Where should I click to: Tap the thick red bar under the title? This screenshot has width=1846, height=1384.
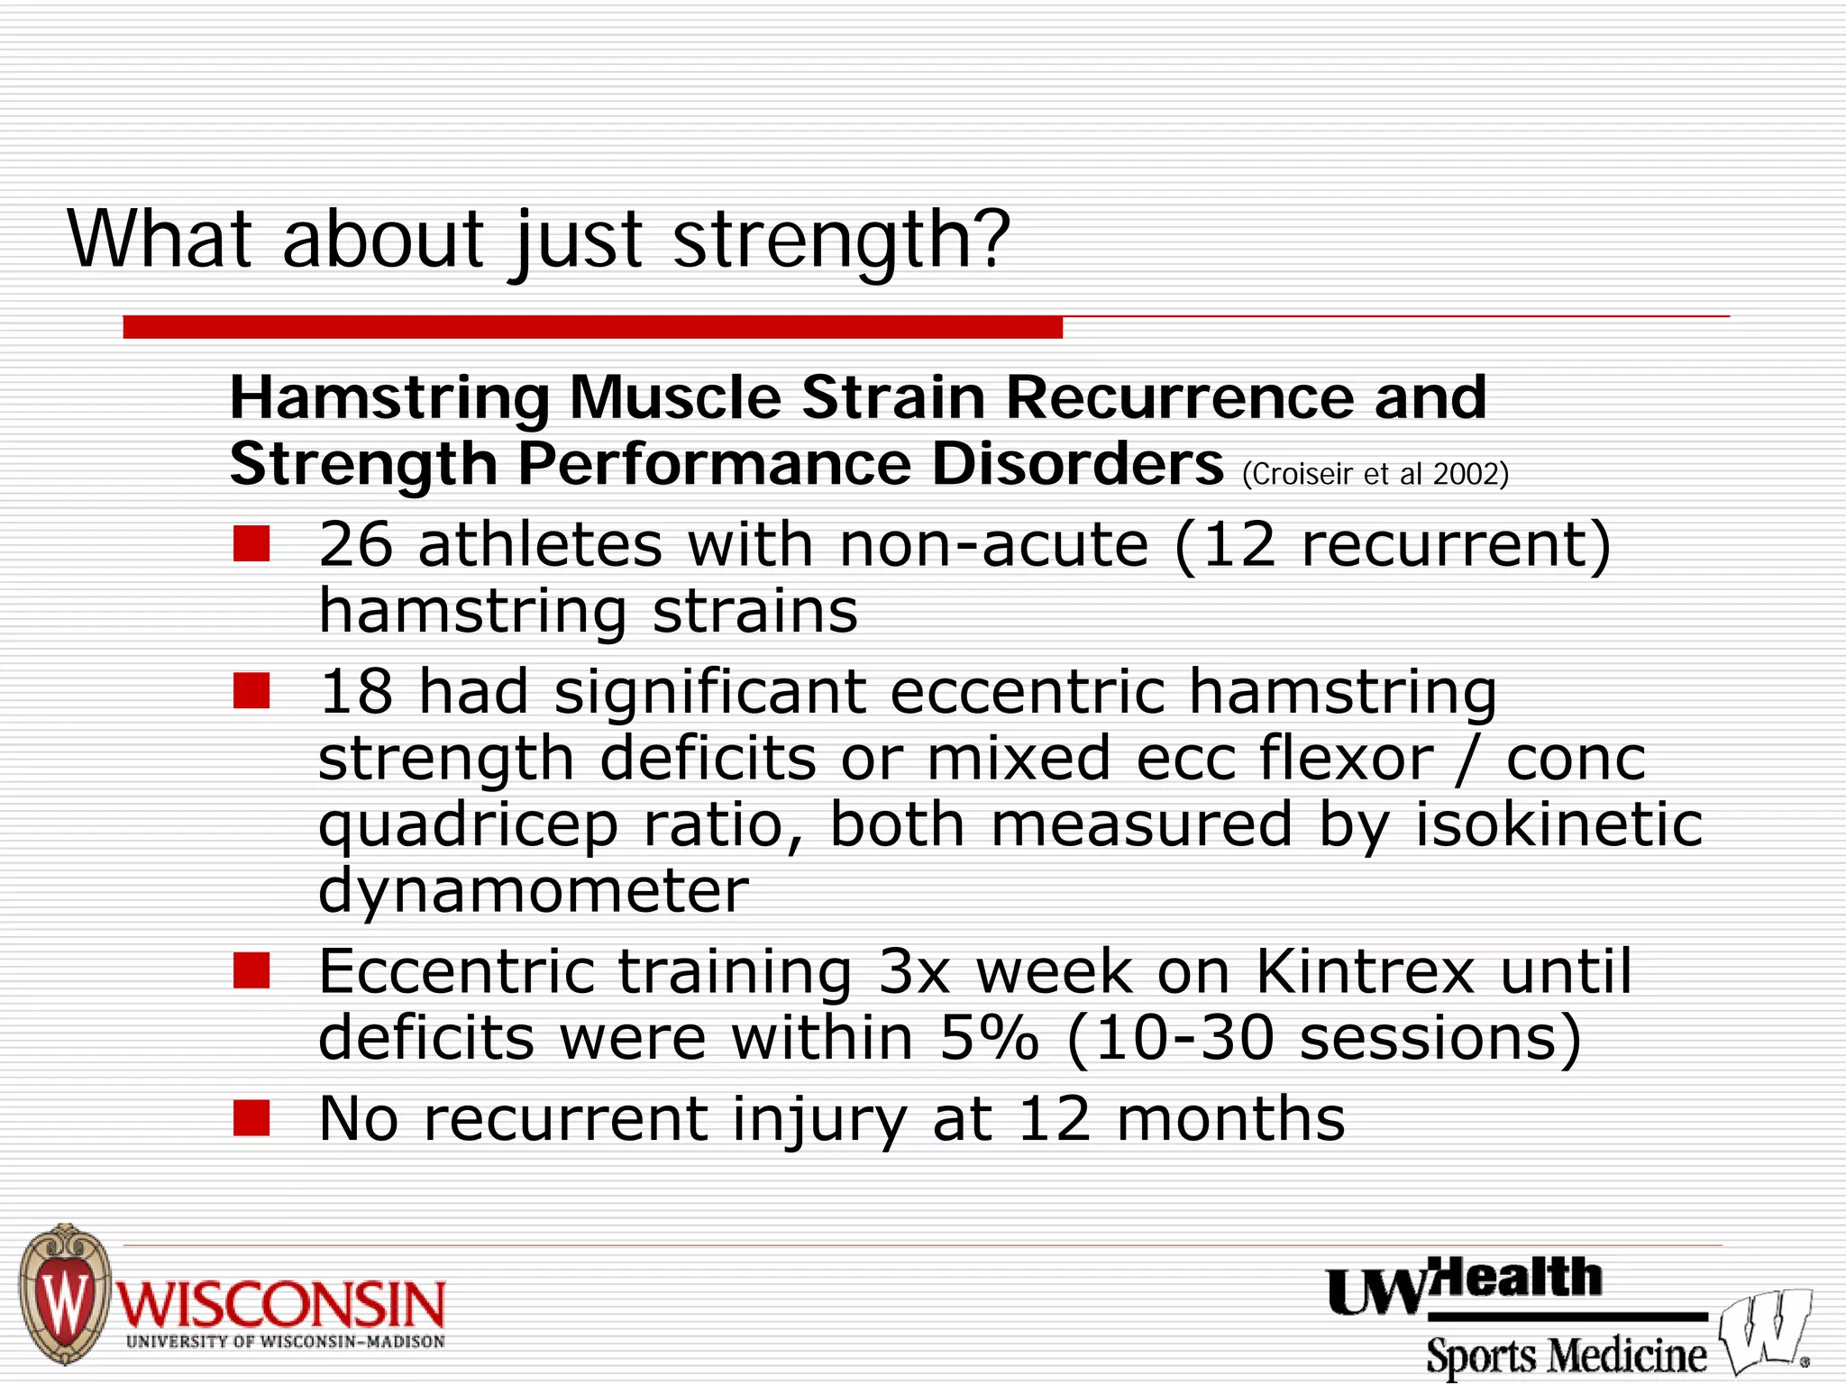592,327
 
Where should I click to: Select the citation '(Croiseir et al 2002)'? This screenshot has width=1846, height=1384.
1375,474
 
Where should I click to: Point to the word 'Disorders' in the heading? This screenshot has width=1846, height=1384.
1077,465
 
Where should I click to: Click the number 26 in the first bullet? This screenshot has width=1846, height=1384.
356,544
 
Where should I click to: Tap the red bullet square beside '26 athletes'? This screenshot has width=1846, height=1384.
251,544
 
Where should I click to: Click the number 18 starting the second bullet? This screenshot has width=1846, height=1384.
356,692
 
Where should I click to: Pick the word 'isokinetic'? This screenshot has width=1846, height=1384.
1558,824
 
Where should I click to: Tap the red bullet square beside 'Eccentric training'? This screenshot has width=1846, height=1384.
251,971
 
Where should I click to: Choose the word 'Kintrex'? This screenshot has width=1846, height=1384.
1365,971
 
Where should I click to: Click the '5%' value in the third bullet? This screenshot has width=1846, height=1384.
989,1038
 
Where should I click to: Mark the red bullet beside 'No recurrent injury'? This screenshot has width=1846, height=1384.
251,1118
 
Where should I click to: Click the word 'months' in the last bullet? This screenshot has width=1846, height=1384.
1230,1119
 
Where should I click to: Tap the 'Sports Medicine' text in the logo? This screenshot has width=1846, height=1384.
1566,1355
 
